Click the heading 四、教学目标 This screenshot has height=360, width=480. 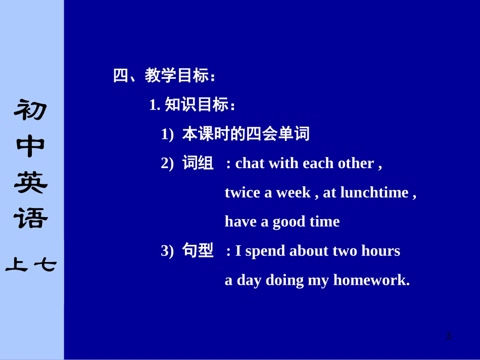coord(164,76)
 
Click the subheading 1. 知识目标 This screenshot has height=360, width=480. coord(193,105)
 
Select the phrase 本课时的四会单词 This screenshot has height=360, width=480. coord(246,134)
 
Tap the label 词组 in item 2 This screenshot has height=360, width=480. coord(198,163)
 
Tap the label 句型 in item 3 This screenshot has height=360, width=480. coord(198,250)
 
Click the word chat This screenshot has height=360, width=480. coord(250,163)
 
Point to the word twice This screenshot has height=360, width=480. coord(243,192)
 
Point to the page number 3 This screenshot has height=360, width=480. coord(448,336)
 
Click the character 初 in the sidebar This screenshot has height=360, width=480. coord(31,110)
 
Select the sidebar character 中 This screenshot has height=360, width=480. coord(31,146)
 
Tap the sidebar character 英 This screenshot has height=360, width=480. coord(31,183)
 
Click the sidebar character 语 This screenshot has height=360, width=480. coord(31,219)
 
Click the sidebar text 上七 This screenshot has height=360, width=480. coord(31,265)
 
